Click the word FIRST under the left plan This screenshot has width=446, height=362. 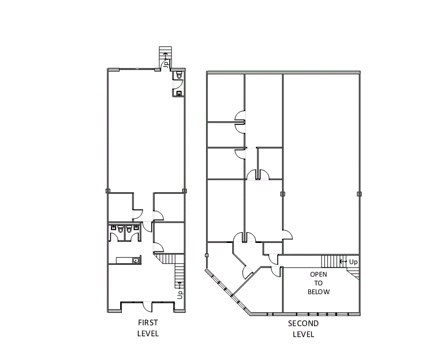click(148, 323)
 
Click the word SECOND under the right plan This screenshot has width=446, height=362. click(303, 324)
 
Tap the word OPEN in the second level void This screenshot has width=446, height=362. click(319, 274)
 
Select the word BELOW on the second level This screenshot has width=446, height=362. click(319, 292)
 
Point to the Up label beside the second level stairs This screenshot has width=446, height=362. click(353, 262)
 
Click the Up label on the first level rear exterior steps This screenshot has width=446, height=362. click(166, 62)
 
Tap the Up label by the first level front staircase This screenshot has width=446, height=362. click(181, 293)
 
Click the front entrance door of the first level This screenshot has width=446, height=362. click(145, 306)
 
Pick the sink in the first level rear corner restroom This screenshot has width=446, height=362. click(179, 93)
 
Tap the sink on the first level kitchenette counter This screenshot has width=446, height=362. click(136, 261)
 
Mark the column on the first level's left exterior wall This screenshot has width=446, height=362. click(107, 191)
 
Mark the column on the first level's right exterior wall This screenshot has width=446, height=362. click(185, 191)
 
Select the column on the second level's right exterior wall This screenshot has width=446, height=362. click(359, 194)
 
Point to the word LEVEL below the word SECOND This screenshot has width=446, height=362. click(303, 335)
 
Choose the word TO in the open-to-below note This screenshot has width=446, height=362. click(319, 283)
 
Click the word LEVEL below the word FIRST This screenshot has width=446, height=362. click(148, 334)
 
